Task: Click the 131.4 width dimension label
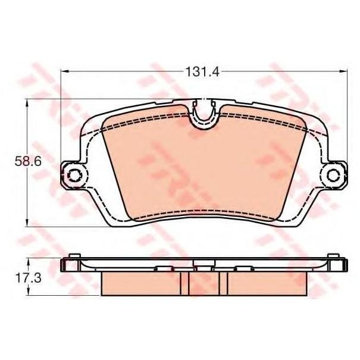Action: tap(202, 72)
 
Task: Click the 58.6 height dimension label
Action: tap(28, 161)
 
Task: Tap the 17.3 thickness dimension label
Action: tap(28, 278)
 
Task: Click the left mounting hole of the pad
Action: tap(74, 176)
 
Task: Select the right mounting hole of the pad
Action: tap(333, 176)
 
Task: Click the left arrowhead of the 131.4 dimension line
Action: tap(64, 71)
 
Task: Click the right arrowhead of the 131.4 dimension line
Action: tap(343, 71)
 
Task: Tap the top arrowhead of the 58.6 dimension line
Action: tap(27, 103)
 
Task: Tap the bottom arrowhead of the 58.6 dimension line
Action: tap(27, 223)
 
